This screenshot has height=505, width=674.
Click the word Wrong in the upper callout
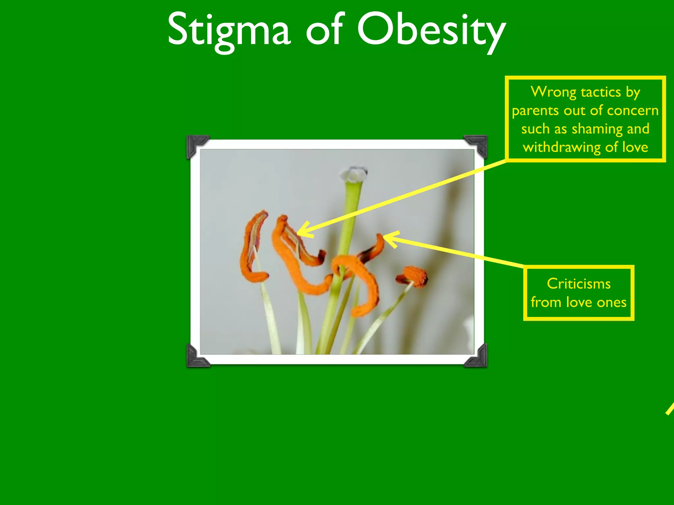pyautogui.click(x=553, y=92)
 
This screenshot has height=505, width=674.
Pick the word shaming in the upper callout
pyautogui.click(x=597, y=129)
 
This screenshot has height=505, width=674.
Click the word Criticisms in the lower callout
pyautogui.click(x=579, y=284)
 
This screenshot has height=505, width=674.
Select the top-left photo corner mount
pyautogui.click(x=197, y=146)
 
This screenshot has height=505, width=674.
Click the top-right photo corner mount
pyautogui.click(x=477, y=145)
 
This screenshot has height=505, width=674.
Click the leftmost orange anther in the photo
pyautogui.click(x=251, y=247)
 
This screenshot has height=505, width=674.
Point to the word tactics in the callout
pyautogui.click(x=601, y=92)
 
